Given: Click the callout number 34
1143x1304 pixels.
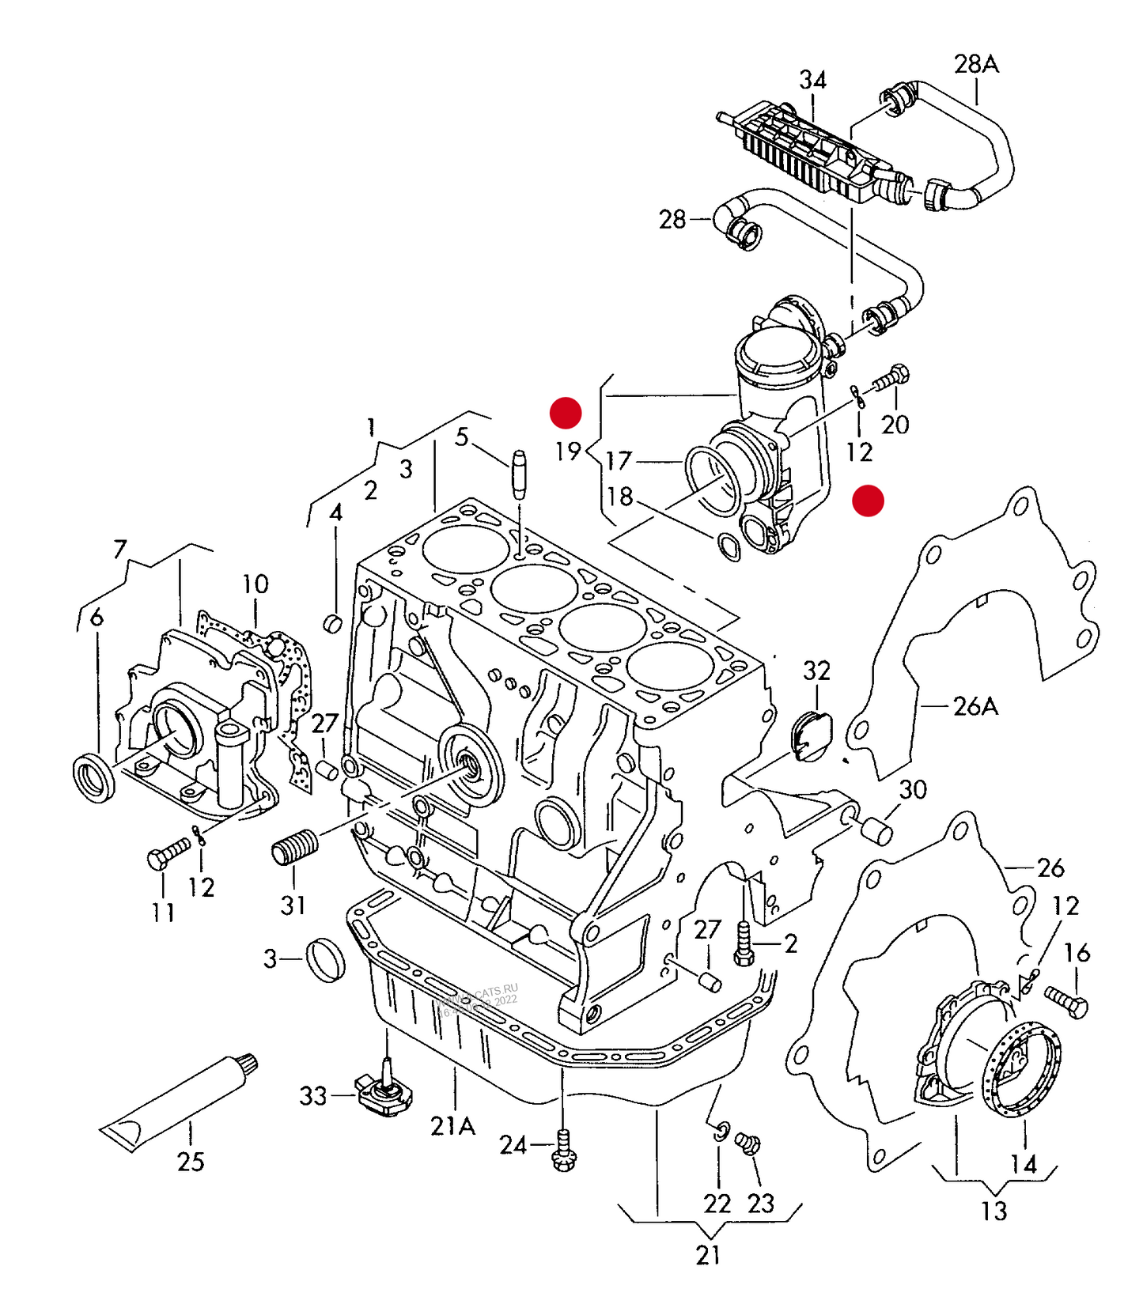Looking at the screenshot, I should coord(812,80).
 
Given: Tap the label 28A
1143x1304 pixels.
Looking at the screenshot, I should coord(976,64).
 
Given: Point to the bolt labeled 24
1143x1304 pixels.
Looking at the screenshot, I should coord(564,1151).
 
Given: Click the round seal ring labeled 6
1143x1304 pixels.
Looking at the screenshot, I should coord(93,779).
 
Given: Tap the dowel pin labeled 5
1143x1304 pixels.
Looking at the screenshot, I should coord(519,474).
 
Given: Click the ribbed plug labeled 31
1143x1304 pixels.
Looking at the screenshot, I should coord(295,847).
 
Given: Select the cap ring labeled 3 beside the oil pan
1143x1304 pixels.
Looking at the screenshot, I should coord(325,959).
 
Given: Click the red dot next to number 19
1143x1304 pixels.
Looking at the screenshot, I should coord(566,412).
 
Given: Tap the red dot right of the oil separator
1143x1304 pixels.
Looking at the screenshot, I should coord(868,501).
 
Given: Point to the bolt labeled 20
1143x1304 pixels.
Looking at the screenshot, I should coord(891,377).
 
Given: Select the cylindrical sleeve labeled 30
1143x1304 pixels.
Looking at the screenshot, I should coord(876,832).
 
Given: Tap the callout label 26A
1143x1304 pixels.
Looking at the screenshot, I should coord(975,706).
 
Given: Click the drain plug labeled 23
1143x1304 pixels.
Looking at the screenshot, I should coord(747,1143).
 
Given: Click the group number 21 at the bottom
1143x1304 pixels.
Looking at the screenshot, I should coord(708,1254).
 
